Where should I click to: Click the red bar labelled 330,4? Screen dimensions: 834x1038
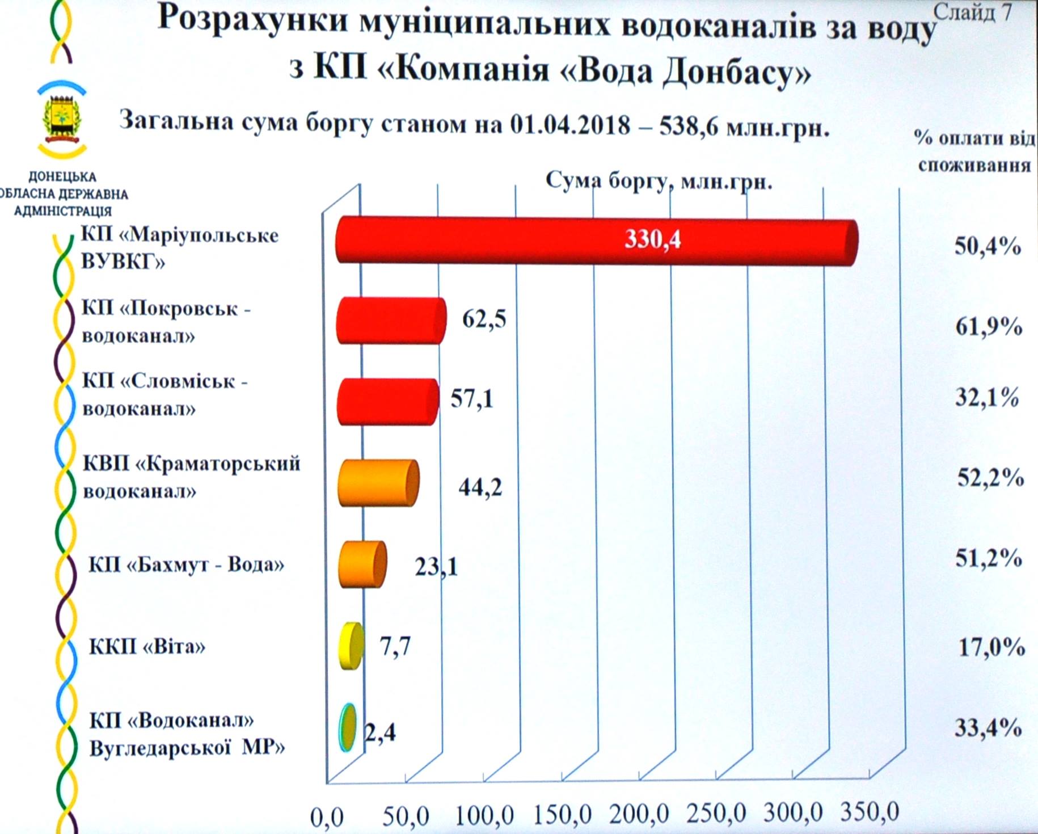coord(596,241)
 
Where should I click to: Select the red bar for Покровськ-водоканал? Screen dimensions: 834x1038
coord(390,321)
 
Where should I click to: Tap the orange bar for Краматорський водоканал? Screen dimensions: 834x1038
coord(378,483)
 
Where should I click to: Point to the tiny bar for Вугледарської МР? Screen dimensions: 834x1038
coord(348,728)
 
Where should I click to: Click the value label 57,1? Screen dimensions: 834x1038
coord(472,399)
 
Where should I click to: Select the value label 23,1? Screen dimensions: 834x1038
coord(436,566)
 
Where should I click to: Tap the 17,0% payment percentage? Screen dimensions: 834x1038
coord(991,647)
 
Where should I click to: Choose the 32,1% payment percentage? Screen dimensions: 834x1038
coord(988,398)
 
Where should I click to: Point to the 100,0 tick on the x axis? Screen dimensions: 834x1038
coord(484,816)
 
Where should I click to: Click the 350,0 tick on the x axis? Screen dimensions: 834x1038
coord(869,812)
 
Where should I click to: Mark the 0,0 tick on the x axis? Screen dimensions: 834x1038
coord(327,818)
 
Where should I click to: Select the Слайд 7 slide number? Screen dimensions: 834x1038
coord(972,12)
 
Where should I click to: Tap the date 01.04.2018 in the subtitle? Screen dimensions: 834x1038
coord(569,124)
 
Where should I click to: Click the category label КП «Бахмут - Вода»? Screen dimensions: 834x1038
coord(186,565)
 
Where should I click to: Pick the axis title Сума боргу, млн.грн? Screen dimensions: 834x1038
coord(659,181)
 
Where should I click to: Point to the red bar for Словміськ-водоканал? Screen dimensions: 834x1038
coord(387,402)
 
